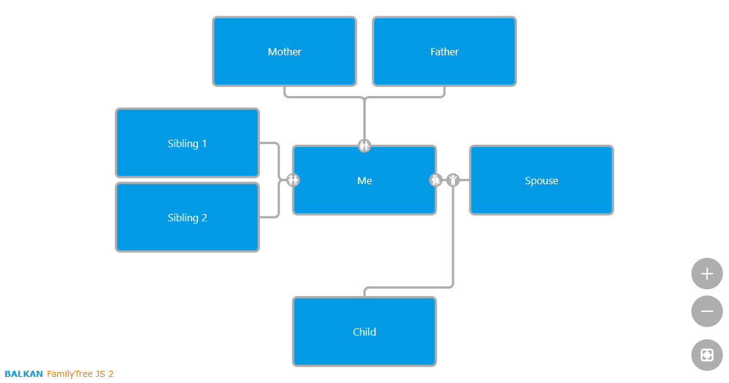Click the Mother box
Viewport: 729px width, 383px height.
[284, 52]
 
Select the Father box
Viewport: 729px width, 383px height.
[444, 52]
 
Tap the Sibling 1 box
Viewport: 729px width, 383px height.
[187, 143]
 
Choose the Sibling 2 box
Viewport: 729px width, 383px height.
[187, 218]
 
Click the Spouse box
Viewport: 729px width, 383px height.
[541, 181]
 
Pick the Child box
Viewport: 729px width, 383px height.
[364, 332]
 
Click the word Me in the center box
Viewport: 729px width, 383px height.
[364, 181]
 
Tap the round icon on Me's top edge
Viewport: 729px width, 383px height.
[364, 146]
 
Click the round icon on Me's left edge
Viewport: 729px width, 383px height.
[293, 180]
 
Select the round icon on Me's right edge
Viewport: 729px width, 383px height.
[436, 180]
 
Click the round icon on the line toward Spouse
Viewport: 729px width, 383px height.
[453, 180]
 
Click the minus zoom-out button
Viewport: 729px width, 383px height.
[707, 311]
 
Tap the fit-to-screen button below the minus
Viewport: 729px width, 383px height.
[707, 355]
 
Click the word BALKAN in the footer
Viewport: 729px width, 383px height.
[24, 374]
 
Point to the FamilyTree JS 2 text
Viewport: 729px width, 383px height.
[80, 374]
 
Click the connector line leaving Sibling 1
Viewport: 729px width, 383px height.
[269, 143]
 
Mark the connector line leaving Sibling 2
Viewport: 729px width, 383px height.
[269, 217]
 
